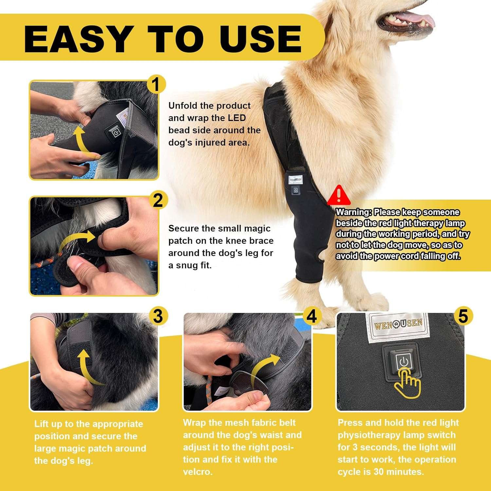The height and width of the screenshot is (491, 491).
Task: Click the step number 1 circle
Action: tap(156, 85)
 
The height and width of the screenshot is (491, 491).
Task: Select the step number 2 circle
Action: tap(158, 200)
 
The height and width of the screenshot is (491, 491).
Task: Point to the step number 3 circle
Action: tap(158, 317)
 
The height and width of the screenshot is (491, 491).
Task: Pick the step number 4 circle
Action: tap(311, 317)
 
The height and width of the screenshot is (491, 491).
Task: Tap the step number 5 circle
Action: tap(463, 317)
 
